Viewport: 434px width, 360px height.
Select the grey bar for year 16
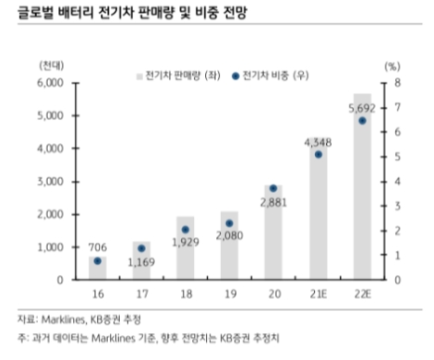98,268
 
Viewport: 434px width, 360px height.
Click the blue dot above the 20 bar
273,188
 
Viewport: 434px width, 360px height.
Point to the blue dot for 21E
318,154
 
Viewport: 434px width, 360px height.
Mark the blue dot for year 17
141,248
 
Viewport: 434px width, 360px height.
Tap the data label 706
98,246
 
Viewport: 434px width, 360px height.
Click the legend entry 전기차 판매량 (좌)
175,75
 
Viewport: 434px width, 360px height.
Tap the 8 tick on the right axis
395,82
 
